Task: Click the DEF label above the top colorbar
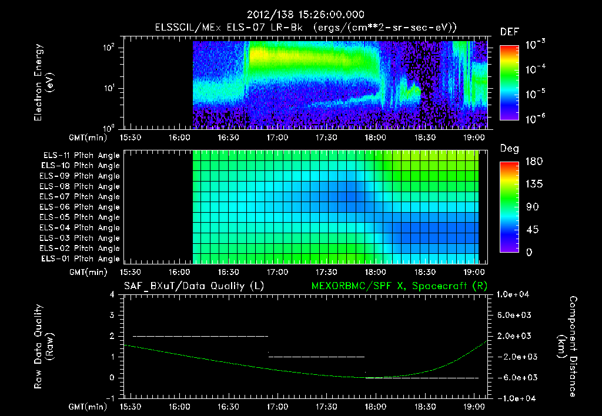(x=509, y=32)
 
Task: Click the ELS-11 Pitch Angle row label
(x=81, y=155)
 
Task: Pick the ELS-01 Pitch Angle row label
(x=81, y=259)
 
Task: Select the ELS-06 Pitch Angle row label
(x=81, y=207)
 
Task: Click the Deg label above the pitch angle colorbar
(x=509, y=149)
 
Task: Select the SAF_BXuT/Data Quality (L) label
(x=193, y=286)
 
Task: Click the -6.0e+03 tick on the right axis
(x=514, y=377)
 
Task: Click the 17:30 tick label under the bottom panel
(x=326, y=407)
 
